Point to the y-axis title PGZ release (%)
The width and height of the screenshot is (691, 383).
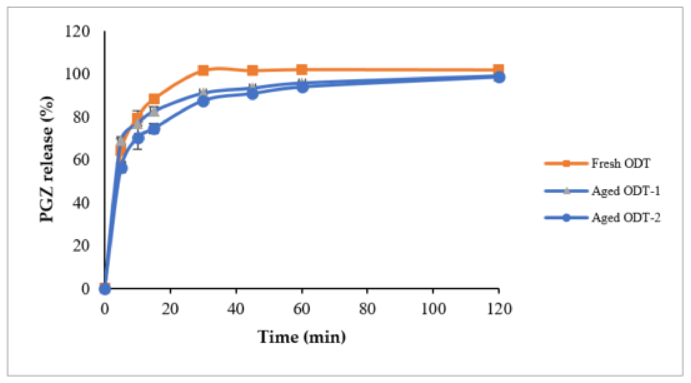coord(47,159)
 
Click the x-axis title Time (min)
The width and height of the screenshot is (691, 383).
coord(302,337)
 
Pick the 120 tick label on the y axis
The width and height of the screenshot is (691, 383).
coord(77,32)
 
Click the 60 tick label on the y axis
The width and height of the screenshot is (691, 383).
coord(81,160)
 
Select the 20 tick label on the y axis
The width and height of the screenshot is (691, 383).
coord(81,246)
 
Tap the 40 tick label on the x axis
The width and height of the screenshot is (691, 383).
coord(236,309)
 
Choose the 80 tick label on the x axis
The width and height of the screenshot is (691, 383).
coord(367,309)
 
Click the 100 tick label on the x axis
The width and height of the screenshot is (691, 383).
coord(433,309)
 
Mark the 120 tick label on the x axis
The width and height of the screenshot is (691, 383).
coord(499,309)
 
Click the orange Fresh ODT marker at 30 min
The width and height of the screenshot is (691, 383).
coord(203,71)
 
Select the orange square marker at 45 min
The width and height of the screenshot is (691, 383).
coord(252,71)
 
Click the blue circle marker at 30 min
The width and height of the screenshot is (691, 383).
coord(204,101)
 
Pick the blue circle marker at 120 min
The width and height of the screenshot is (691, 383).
coord(499,77)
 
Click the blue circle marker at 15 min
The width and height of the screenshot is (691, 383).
coord(154,129)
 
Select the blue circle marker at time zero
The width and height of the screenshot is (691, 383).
coord(105,289)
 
